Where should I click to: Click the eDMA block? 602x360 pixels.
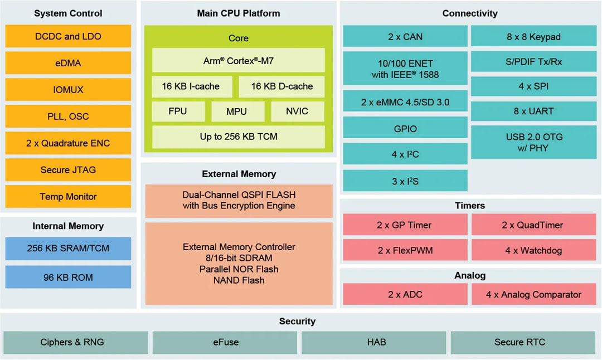[68, 63]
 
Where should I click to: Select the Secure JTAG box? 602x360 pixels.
[68, 170]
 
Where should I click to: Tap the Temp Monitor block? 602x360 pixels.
[68, 197]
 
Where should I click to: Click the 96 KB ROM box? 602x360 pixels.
[68, 277]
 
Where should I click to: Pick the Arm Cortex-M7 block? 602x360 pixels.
[238, 60]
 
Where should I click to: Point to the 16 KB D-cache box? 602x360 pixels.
[281, 86]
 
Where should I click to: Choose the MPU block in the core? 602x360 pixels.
[236, 111]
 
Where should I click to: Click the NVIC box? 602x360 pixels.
[297, 111]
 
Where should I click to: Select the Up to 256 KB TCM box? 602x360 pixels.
[238, 137]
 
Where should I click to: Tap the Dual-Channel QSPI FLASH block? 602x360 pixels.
[239, 201]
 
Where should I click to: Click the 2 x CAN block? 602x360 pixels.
[405, 37]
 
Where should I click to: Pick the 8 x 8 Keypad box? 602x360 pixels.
[533, 37]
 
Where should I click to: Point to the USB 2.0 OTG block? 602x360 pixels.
[533, 142]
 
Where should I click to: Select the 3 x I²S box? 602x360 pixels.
[405, 181]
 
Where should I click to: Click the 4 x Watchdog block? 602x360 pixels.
[533, 250]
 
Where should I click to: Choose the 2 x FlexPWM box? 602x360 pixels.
[405, 250]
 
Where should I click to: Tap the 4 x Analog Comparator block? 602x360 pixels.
[533, 294]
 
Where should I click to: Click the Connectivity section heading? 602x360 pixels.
[469, 13]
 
